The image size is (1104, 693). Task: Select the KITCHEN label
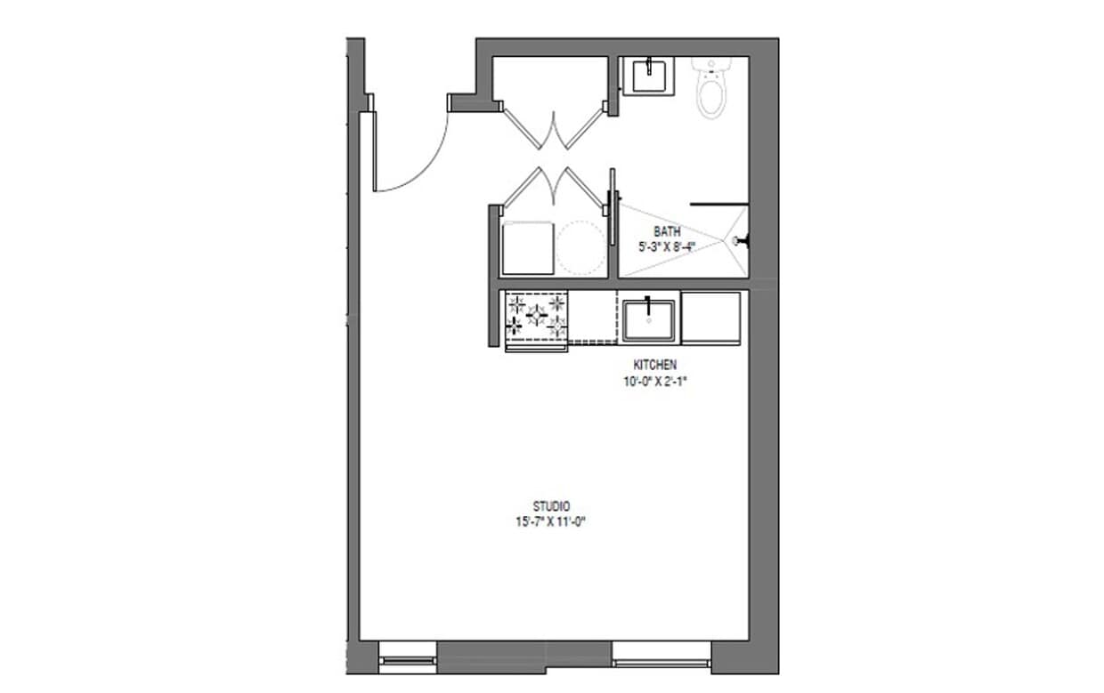pyautogui.click(x=654, y=365)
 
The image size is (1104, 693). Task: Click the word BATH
pyautogui.click(x=667, y=232)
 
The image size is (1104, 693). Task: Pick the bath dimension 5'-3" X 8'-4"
pyautogui.click(x=666, y=246)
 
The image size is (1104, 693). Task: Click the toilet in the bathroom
pyautogui.click(x=710, y=88)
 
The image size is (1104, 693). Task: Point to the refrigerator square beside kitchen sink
pyautogui.click(x=710, y=318)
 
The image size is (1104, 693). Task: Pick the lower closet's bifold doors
pyautogui.click(x=554, y=185)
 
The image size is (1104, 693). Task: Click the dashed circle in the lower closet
pyautogui.click(x=581, y=246)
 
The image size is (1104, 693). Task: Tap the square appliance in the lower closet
pyautogui.click(x=528, y=248)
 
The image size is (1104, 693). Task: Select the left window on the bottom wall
pyautogui.click(x=408, y=659)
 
